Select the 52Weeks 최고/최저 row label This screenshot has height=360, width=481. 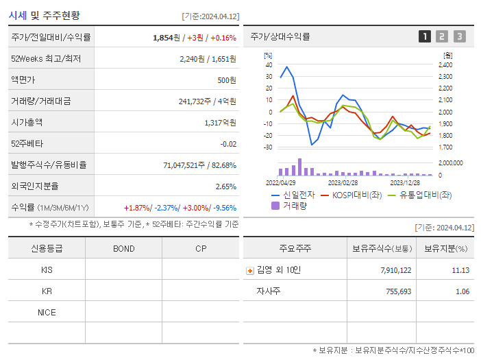point(46,59)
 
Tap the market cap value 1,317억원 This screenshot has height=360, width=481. point(220,123)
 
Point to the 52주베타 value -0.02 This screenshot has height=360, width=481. point(228,144)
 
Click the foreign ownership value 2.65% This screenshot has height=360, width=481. point(225,187)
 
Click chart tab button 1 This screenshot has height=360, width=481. point(425,36)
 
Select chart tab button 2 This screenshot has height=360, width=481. point(442,36)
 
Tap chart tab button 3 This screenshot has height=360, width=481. point(459,36)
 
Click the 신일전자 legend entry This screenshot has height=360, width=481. point(291,195)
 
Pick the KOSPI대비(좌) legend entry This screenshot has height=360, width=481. point(351,195)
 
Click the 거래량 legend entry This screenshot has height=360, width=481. point(291,205)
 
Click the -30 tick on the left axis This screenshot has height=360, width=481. point(268,147)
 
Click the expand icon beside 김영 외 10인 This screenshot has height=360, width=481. point(249,271)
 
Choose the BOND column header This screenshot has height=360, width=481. point(124,248)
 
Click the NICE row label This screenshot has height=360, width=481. point(47,313)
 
